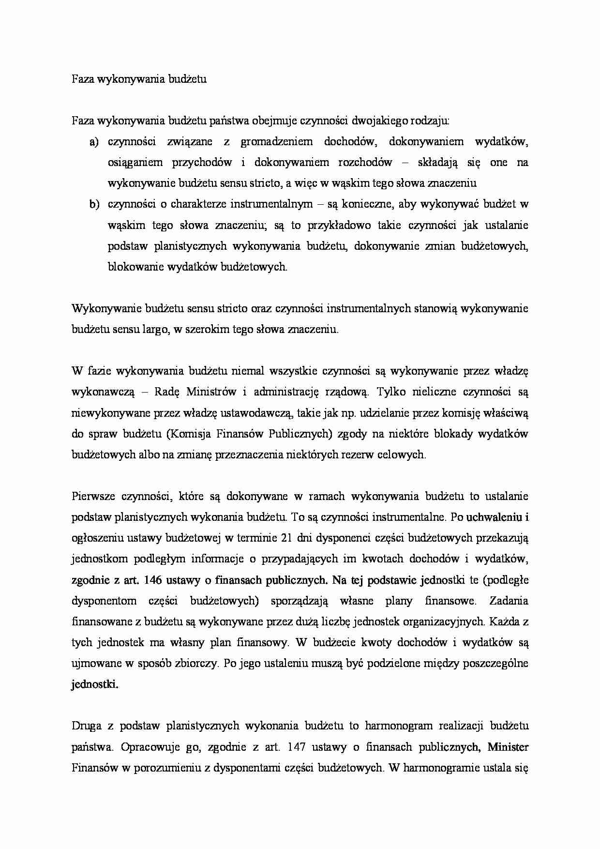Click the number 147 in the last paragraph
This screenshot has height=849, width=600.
296,747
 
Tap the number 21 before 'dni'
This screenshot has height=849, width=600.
286,538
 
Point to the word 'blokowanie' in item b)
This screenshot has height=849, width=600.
130,267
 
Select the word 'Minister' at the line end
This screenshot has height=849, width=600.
508,747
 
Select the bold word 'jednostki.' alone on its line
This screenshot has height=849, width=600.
94,684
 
